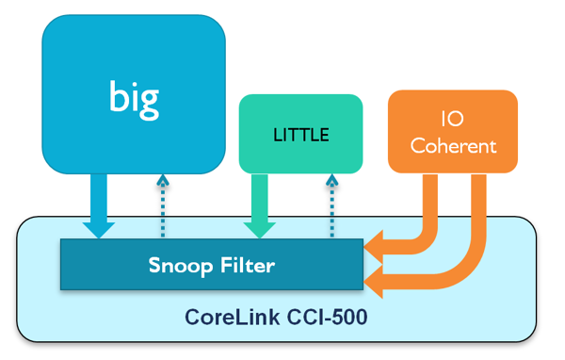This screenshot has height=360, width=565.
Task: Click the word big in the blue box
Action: tap(134, 96)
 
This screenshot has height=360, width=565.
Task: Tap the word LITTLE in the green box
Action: tap(300, 135)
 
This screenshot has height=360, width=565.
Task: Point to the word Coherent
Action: tap(452, 146)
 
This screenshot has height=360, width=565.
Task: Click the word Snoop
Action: tap(180, 266)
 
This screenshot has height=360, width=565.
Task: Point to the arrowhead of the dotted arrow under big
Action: tap(163, 181)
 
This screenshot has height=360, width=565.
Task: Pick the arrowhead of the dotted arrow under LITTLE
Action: tap(331, 181)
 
